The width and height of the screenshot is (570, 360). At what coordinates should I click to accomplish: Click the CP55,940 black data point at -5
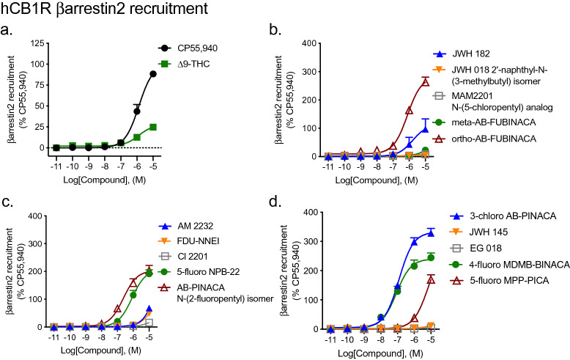tap(153, 73)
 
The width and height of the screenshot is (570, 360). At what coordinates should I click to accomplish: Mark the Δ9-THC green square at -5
tap(153, 127)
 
